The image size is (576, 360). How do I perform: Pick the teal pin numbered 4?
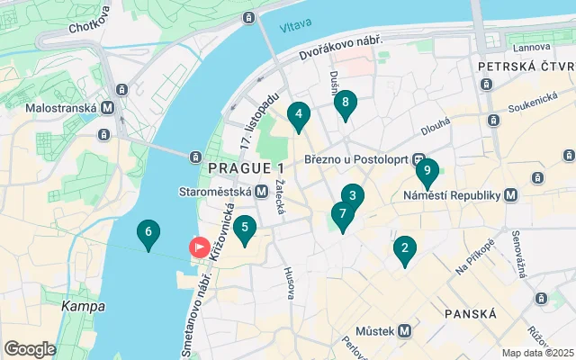click(298, 114)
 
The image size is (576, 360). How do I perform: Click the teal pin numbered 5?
click(244, 228)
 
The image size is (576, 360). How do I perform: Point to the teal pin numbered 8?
click(346, 103)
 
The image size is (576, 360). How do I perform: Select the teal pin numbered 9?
click(427, 169)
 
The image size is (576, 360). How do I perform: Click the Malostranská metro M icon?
click(107, 107)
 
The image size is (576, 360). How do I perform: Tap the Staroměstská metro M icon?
click(261, 191)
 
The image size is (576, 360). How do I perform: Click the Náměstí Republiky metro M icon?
click(511, 194)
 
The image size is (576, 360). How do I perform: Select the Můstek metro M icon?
click(404, 330)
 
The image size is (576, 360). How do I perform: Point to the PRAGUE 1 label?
click(246, 168)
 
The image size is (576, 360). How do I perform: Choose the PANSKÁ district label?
click(471, 313)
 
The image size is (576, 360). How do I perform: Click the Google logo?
click(30, 349)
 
